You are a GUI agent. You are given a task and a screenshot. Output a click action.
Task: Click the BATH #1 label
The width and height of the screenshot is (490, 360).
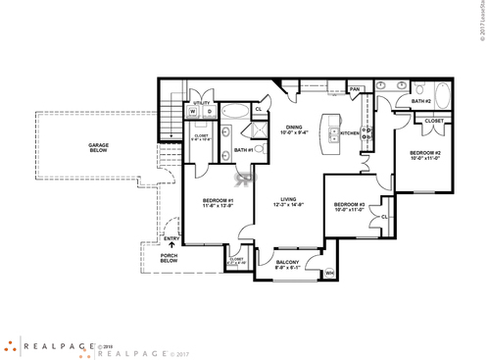pos(243,150)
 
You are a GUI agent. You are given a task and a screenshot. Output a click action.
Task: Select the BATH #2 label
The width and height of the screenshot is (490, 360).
pos(421,101)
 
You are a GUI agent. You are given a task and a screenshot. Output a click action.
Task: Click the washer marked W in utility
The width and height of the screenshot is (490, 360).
pos(193,111)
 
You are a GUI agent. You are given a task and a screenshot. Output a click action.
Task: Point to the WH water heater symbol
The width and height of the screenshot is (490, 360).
pos(329,273)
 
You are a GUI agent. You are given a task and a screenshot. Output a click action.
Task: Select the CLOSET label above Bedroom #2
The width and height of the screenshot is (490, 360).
pos(434,121)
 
